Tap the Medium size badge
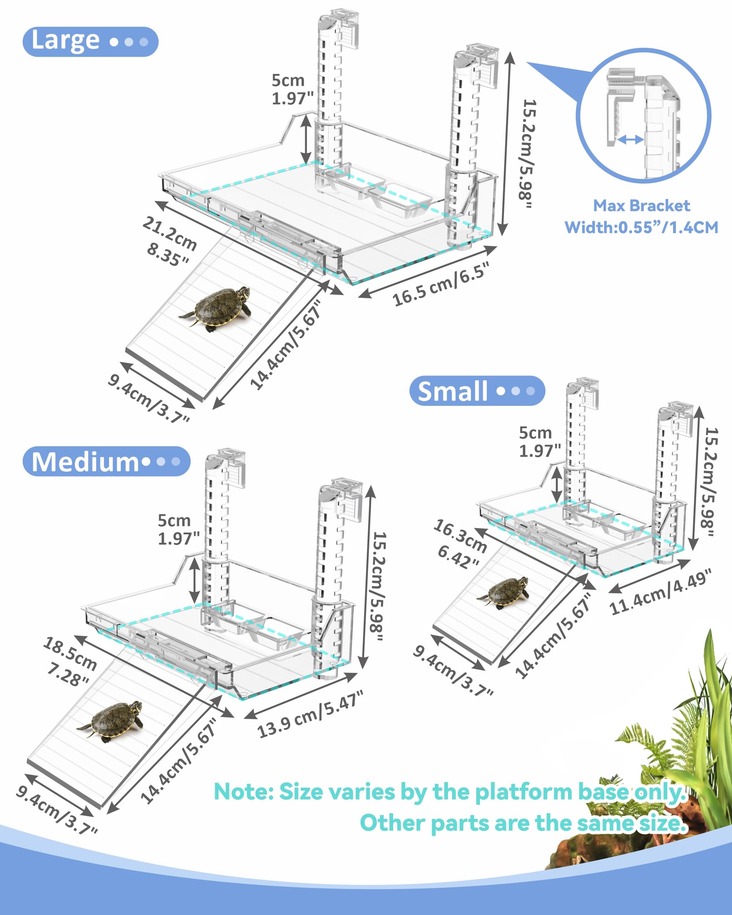pyautogui.click(x=107, y=461)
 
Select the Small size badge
pyautogui.click(x=477, y=391)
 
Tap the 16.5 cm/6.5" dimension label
pyautogui.click(x=441, y=284)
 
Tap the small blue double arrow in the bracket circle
pyautogui.click(x=630, y=139)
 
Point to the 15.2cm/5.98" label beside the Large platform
pyautogui.click(x=528, y=154)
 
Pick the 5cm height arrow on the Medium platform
pyautogui.click(x=195, y=580)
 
